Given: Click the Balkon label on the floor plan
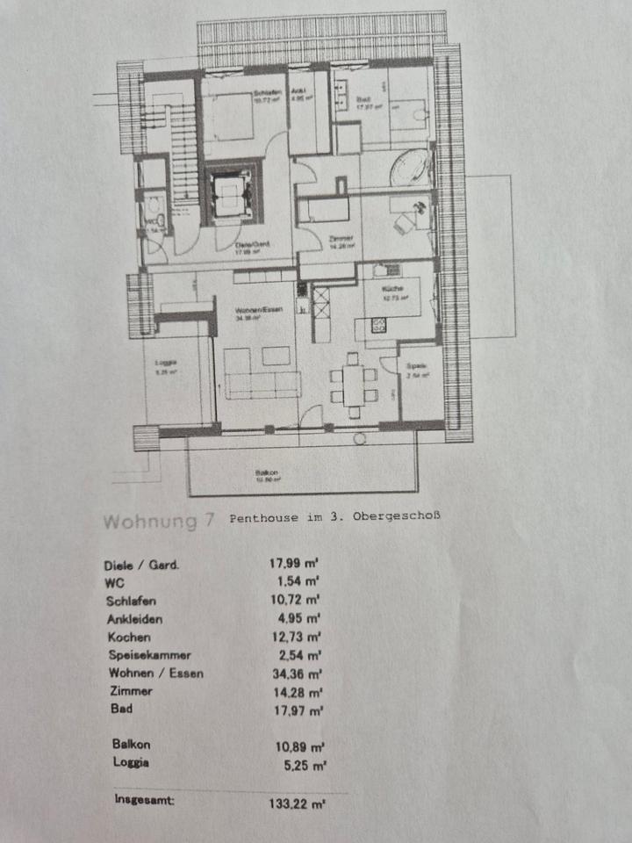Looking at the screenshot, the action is pyautogui.click(x=268, y=476).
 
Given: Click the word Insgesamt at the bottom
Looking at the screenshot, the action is pyautogui.click(x=144, y=799).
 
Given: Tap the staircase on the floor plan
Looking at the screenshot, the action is pyautogui.click(x=183, y=154).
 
